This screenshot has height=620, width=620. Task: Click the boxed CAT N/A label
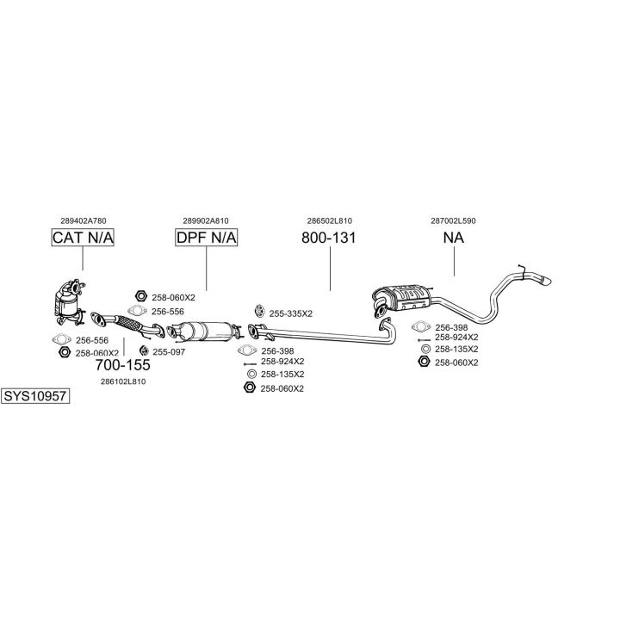(x=83, y=238)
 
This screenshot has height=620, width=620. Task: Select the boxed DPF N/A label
(x=207, y=238)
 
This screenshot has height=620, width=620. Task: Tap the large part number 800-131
(x=329, y=238)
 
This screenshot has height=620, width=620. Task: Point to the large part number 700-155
(x=122, y=365)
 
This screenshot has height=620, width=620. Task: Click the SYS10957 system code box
(x=35, y=396)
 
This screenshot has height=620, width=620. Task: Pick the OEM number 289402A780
(x=84, y=220)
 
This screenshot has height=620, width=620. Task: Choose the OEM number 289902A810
(x=206, y=220)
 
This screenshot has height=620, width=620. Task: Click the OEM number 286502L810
(x=329, y=220)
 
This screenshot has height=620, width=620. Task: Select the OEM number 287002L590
(x=453, y=220)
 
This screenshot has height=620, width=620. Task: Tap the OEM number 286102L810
(x=123, y=381)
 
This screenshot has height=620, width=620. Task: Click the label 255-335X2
(x=291, y=313)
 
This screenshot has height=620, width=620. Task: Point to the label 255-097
(x=169, y=352)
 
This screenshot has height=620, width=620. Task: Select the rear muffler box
(x=401, y=298)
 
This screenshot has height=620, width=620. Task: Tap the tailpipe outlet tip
(x=546, y=281)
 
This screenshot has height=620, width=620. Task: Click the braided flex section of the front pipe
(x=129, y=324)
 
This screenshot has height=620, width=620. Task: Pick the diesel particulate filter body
(x=206, y=332)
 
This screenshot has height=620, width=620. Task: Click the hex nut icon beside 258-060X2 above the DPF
(x=141, y=295)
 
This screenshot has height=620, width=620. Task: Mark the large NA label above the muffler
(x=454, y=238)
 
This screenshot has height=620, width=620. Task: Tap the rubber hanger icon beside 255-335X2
(x=259, y=311)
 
